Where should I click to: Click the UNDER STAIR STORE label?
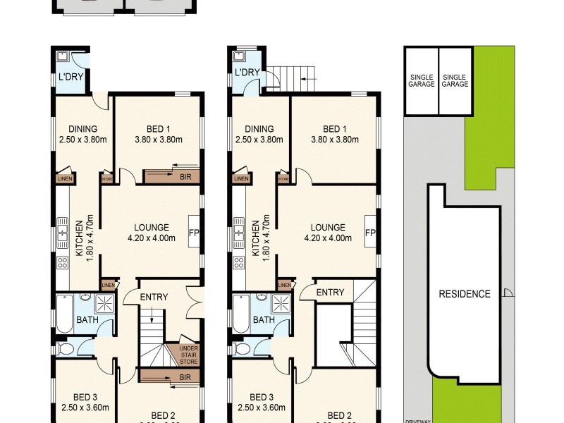[188, 354]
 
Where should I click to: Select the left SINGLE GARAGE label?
[420, 80]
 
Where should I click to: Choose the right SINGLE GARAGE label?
[455, 80]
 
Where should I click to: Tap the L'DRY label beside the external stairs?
[247, 73]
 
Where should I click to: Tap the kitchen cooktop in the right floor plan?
[238, 264]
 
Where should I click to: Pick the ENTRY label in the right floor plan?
[330, 293]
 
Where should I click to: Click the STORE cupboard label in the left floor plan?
[107, 179]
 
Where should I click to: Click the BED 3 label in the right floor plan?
[261, 396]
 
